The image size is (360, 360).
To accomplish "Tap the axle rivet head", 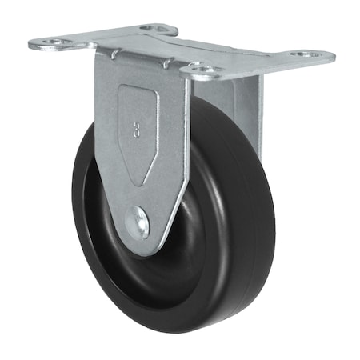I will [x=142, y=222].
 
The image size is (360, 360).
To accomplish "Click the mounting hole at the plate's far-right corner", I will [x=306, y=55].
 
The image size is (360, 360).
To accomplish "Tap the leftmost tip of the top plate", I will [x=30, y=43].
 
